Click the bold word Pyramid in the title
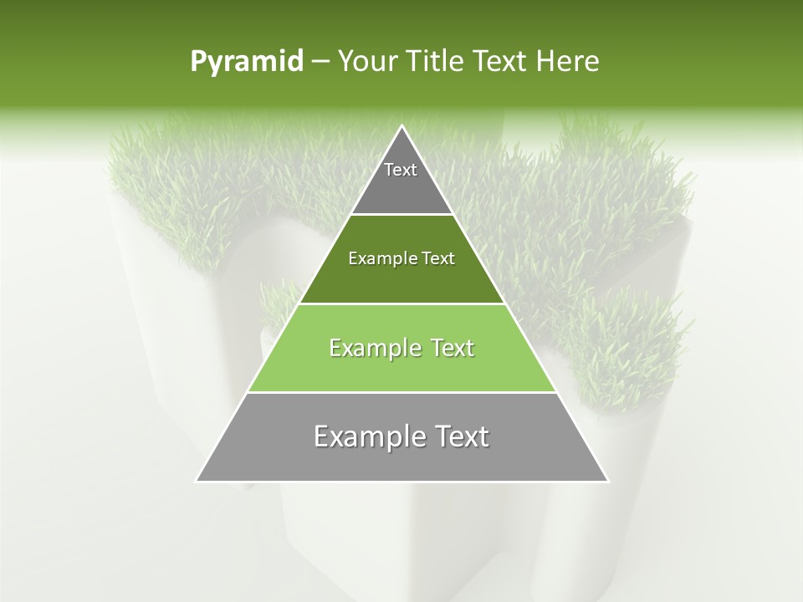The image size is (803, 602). click(246, 62)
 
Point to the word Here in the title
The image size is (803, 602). click(567, 62)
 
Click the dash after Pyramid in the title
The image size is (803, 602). click(320, 62)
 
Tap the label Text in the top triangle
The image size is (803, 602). click(401, 170)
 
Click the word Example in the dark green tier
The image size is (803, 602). click(379, 258)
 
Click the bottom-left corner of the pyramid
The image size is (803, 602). click(197, 481)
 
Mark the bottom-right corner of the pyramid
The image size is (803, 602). click(607, 481)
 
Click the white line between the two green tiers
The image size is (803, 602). click(402, 304)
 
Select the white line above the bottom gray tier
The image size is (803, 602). click(402, 392)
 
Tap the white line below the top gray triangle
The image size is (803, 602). click(402, 215)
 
